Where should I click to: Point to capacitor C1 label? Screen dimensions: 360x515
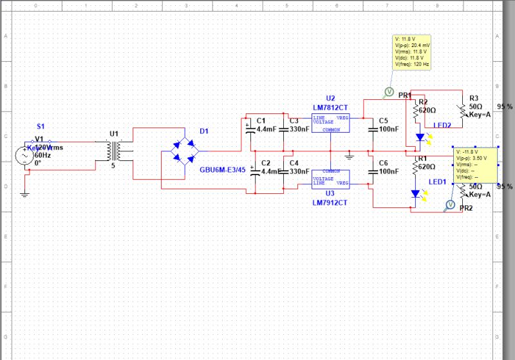pyautogui.click(x=261, y=120)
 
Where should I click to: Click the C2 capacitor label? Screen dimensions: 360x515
pyautogui.click(x=261, y=164)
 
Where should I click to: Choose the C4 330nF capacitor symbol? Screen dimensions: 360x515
pyautogui.click(x=286, y=172)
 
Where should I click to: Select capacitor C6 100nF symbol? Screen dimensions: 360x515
pyautogui.click(x=373, y=172)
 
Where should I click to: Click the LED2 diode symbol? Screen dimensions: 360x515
pyautogui.click(x=420, y=137)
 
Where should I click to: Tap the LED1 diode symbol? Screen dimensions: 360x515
pyautogui.click(x=416, y=194)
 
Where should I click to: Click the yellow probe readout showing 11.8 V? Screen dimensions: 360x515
pyautogui.click(x=412, y=51)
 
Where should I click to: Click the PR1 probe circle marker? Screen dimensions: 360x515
pyautogui.click(x=388, y=92)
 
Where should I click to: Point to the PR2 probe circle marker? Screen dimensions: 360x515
pyautogui.click(x=450, y=205)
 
